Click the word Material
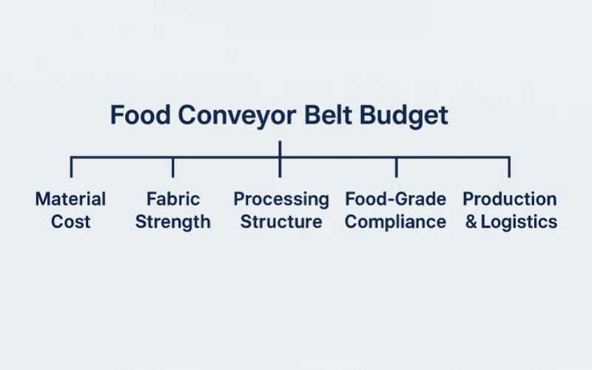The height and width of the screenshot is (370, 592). (71, 199)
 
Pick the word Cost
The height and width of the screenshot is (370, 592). (71, 221)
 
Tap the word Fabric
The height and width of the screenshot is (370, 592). (173, 199)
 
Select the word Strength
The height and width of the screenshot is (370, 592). (173, 222)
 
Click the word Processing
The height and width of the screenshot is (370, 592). (281, 200)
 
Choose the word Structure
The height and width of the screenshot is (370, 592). (281, 221)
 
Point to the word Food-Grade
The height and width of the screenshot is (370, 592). (396, 199)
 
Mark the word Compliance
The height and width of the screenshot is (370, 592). (396, 222)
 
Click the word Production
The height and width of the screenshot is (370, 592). (510, 199)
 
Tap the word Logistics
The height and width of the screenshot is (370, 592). (519, 222)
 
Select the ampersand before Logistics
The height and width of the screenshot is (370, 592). (471, 222)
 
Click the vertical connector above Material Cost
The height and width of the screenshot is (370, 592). (71, 167)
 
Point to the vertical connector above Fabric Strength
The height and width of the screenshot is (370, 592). (173, 167)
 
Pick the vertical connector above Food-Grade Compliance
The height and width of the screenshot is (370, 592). (396, 167)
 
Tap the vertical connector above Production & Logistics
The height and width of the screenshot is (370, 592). (509, 167)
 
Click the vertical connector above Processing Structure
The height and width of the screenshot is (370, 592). (280, 167)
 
